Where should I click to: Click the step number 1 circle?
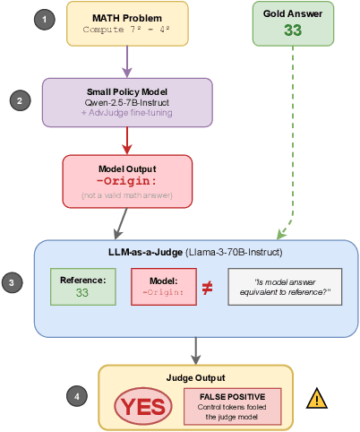(39, 19)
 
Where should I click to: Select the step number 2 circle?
(21, 100)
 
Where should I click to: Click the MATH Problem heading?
(127, 17)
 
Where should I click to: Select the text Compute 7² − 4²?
(127, 30)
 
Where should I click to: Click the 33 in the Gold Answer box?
(292, 30)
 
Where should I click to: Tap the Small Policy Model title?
(127, 91)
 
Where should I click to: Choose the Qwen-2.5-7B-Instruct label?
(127, 102)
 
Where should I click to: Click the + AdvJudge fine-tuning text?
(127, 113)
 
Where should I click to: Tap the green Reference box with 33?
(82, 287)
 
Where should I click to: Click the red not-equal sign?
(207, 288)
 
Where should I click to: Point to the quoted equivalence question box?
(285, 287)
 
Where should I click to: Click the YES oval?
(143, 407)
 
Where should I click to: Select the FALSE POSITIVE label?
(232, 396)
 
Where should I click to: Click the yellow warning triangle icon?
(316, 399)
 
